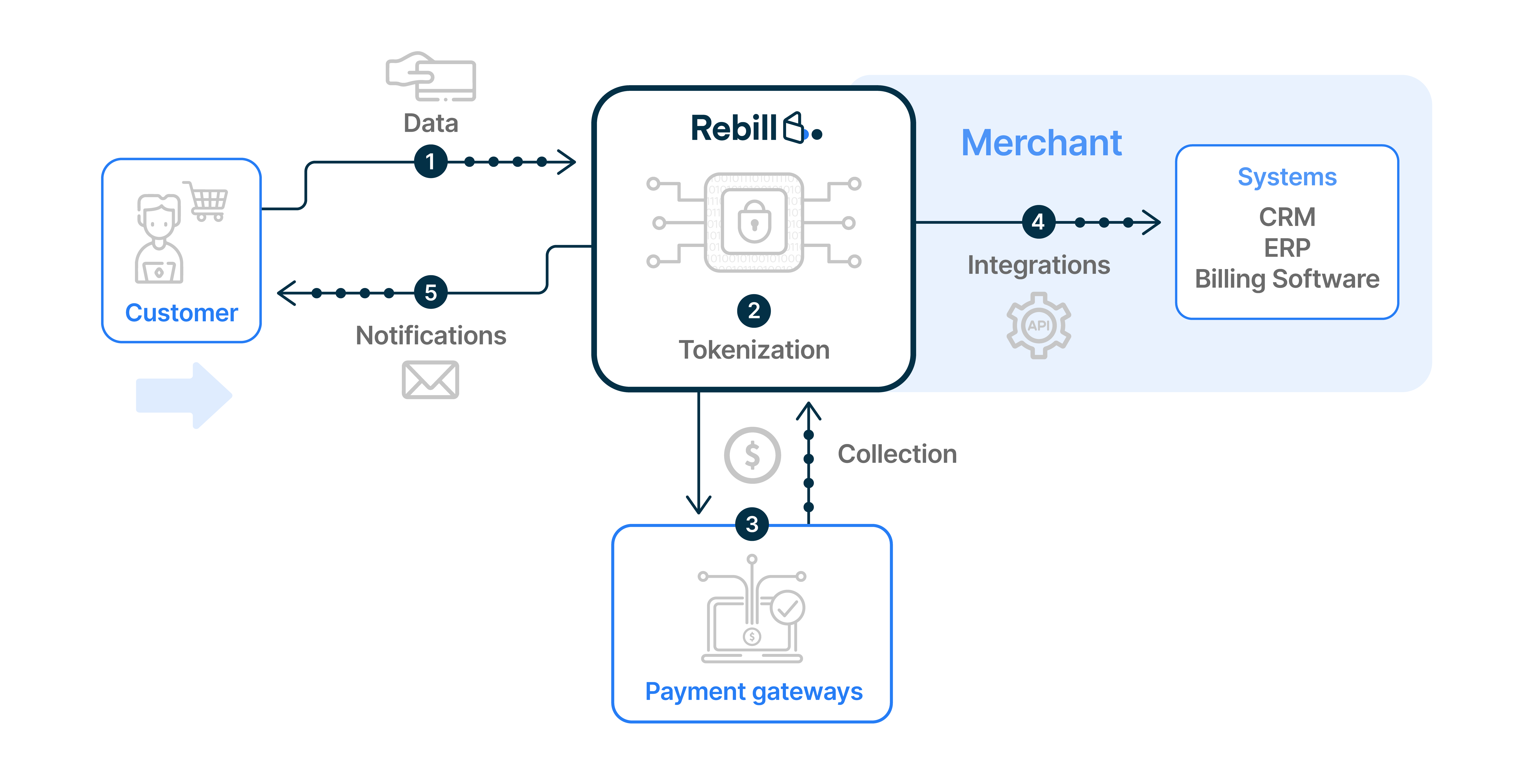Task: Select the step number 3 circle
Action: coord(752,524)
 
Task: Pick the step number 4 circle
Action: coord(1038,222)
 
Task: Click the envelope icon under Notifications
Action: coord(430,380)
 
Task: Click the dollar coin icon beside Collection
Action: coord(752,455)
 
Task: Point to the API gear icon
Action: coord(1039,325)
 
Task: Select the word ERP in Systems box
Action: coord(1287,248)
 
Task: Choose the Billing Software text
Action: coord(1287,279)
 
